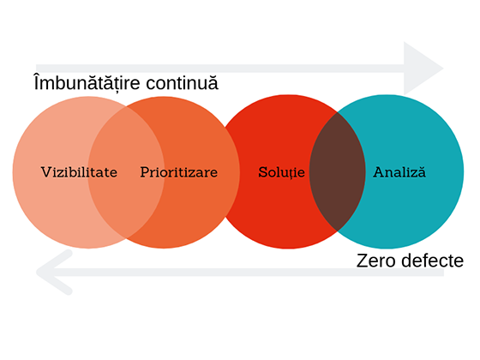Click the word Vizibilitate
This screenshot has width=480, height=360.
click(79, 172)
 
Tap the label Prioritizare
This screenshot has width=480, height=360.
click(179, 172)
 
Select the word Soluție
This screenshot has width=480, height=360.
click(281, 172)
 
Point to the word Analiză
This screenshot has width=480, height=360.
click(399, 171)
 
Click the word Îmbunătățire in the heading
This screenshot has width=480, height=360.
click(87, 82)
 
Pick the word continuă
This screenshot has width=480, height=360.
click(182, 82)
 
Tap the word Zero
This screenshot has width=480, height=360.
click(375, 261)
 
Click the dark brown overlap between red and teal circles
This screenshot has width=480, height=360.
click(338, 171)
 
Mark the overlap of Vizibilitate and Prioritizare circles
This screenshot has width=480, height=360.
click(126, 172)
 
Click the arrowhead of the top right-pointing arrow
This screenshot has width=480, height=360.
click(423, 69)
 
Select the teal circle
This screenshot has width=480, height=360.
click(413, 171)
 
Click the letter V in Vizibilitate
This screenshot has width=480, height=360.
click(46, 172)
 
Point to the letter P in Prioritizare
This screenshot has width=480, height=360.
click(145, 172)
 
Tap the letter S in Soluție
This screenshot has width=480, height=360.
click(262, 172)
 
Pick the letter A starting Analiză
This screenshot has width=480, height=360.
click(379, 172)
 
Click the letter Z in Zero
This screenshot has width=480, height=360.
click(362, 261)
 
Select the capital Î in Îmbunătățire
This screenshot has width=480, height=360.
click(37, 81)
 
